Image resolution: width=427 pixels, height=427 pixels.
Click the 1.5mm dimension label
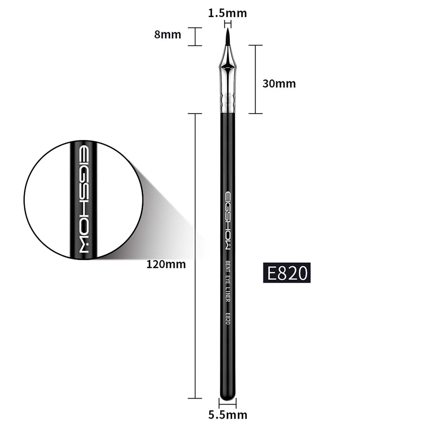227,13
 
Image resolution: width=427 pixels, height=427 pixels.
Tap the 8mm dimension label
168,34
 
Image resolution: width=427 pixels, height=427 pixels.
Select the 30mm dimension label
279,83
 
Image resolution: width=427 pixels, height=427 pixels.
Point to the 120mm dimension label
166,264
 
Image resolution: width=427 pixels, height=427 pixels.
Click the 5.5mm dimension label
228,414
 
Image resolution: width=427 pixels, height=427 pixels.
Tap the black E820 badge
287,273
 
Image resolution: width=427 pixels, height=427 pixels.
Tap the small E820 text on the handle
228,320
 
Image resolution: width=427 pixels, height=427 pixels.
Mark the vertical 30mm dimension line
256,79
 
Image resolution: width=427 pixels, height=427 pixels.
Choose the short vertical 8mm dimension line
195,36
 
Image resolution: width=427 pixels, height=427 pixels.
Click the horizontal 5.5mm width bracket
228,403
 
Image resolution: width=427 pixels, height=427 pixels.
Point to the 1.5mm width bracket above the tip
228,23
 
